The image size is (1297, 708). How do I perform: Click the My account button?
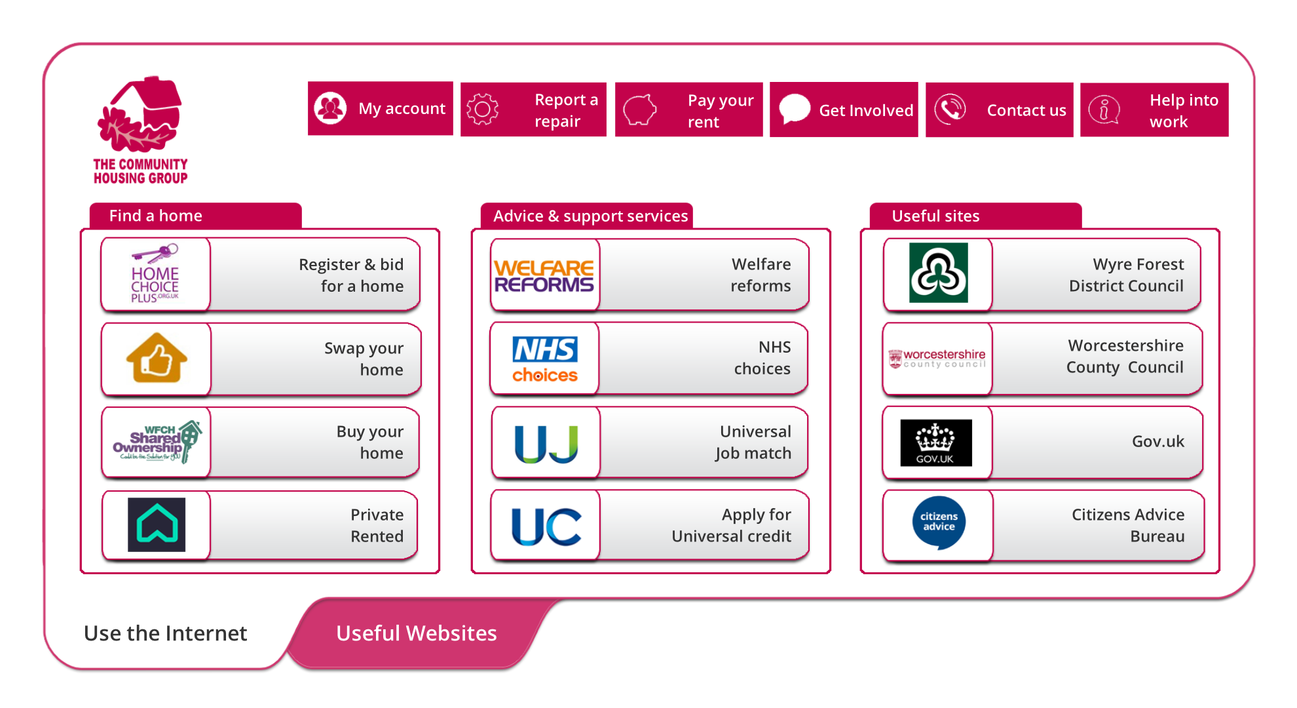(381, 109)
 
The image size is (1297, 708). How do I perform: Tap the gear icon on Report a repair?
(483, 109)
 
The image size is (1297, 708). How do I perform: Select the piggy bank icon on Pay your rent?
(639, 109)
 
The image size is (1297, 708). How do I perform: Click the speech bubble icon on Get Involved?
(795, 109)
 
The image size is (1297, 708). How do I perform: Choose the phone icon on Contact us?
(950, 109)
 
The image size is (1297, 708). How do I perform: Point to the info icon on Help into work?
(1104, 109)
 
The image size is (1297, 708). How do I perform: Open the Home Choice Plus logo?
(155, 274)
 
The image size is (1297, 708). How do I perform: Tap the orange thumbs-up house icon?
(157, 358)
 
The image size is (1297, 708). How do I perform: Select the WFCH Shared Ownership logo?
(157, 442)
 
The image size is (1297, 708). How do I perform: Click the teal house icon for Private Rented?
(157, 524)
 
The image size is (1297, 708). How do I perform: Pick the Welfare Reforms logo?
(544, 275)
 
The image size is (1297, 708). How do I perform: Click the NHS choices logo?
(545, 359)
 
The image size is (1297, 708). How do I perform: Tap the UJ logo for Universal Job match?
(546, 443)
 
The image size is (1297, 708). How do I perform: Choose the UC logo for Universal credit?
(546, 526)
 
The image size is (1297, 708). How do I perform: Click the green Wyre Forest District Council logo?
(938, 273)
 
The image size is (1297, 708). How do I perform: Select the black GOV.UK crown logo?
(935, 442)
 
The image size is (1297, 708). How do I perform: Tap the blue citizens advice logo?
(939, 522)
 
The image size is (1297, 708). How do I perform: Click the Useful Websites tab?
(417, 633)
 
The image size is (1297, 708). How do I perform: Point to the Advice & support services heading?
(590, 216)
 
